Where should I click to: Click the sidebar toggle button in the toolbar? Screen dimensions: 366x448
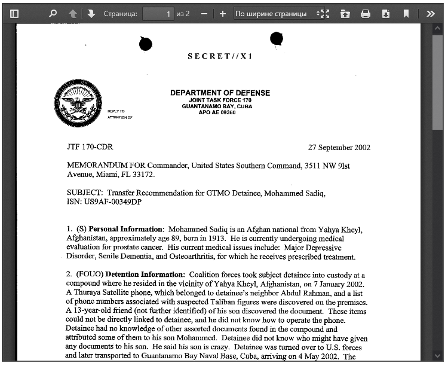point(14,13)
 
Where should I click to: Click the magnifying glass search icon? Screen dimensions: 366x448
point(53,13)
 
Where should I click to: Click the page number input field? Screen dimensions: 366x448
point(158,13)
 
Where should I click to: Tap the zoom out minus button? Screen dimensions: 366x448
point(204,13)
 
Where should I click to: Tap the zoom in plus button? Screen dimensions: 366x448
point(222,13)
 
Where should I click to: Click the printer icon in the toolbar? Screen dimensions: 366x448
point(366,13)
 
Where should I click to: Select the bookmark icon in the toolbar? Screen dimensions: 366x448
point(406,13)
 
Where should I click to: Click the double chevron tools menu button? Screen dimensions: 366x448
point(430,13)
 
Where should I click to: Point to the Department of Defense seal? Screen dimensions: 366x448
point(77,103)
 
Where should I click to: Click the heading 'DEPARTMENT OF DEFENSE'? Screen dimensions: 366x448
point(220,93)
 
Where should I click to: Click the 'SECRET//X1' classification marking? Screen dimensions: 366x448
point(220,56)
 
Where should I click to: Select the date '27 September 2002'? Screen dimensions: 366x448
point(339,147)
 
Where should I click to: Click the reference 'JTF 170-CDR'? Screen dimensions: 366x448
point(90,147)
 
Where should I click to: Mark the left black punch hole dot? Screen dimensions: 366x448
point(145,44)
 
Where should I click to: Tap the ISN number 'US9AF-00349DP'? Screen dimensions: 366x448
point(104,202)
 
